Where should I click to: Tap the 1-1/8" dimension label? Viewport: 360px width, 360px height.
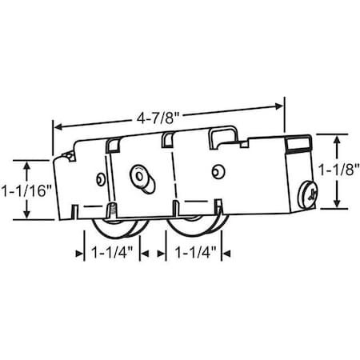pyautogui.click(x=338, y=170)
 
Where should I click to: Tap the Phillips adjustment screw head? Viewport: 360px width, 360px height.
pyautogui.click(x=310, y=192)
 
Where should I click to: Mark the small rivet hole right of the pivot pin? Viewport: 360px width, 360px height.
pyautogui.click(x=217, y=170)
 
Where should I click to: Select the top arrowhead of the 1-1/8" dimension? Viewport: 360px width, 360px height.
pyautogui.click(x=336, y=137)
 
